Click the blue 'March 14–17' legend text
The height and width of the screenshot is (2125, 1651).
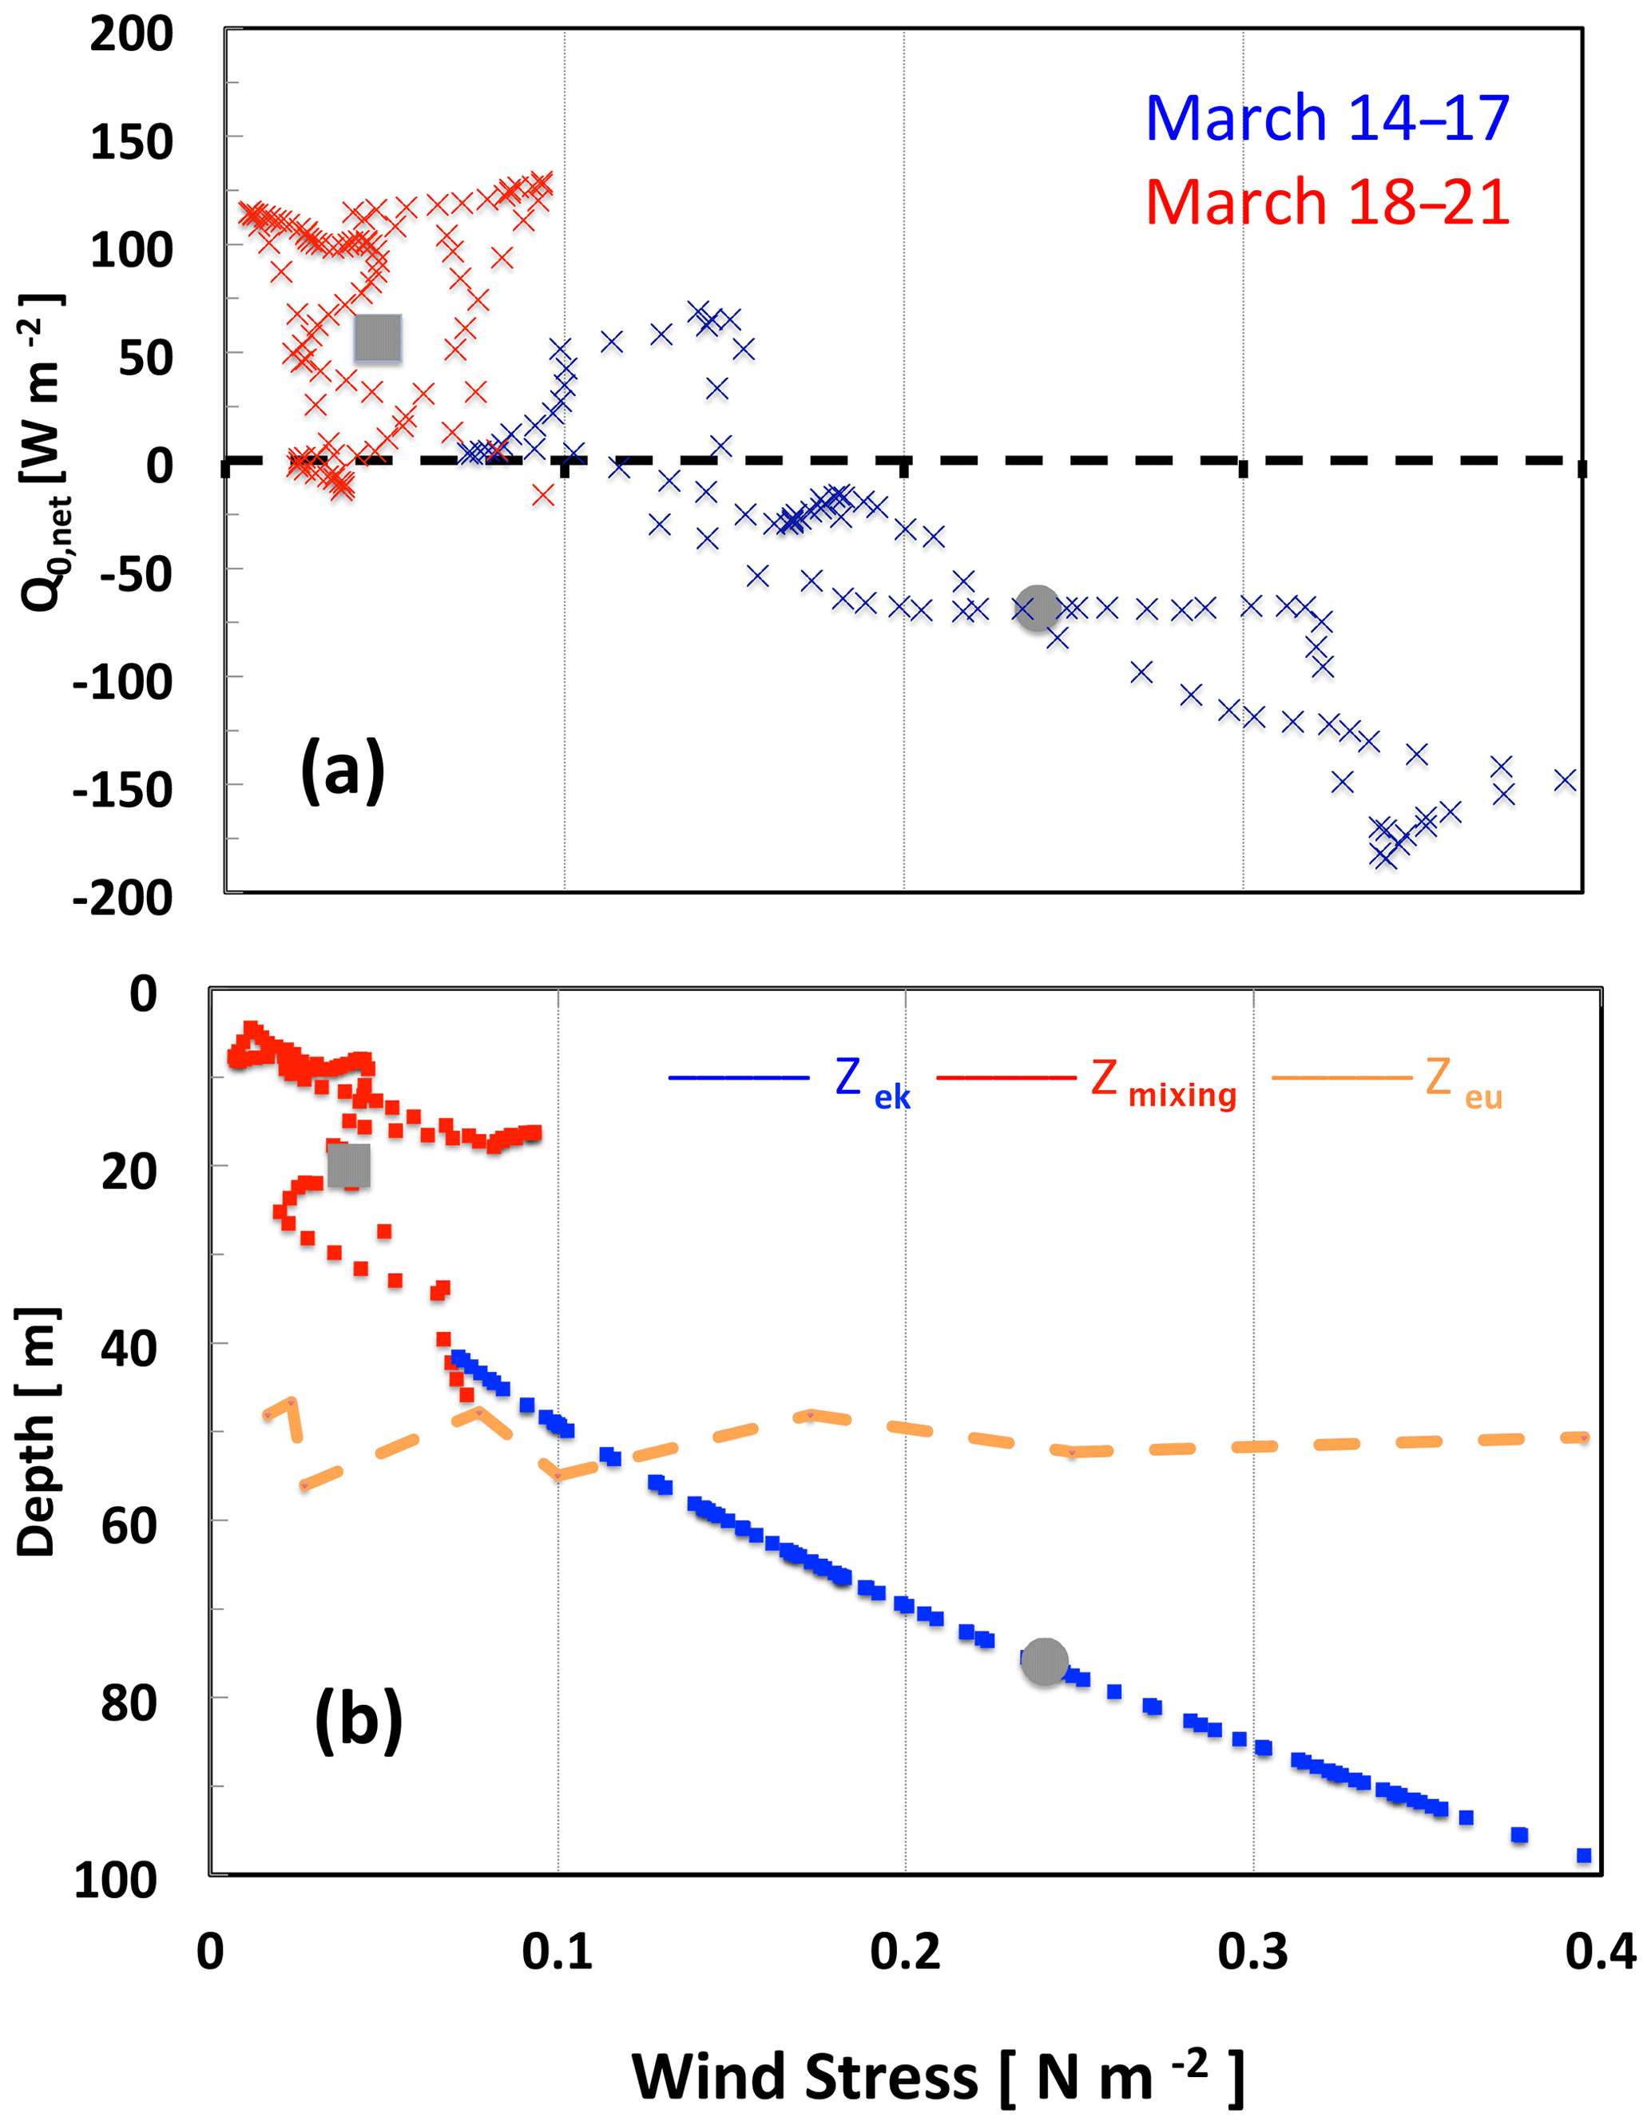1327,119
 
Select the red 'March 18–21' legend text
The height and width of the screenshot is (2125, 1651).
1327,202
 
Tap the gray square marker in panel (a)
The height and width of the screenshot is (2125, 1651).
378,339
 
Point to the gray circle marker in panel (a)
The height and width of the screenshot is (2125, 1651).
1038,609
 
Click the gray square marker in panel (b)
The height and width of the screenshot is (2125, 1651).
348,1166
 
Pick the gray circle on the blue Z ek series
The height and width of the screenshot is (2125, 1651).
1045,1661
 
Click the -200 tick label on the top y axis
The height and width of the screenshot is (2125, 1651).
123,896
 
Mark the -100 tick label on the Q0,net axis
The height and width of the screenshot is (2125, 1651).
123,681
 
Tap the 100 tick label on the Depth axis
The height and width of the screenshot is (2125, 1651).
115,1880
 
